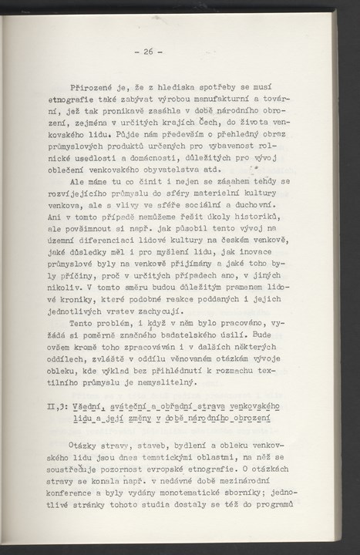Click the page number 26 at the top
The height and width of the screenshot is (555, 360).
[x=146, y=52]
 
